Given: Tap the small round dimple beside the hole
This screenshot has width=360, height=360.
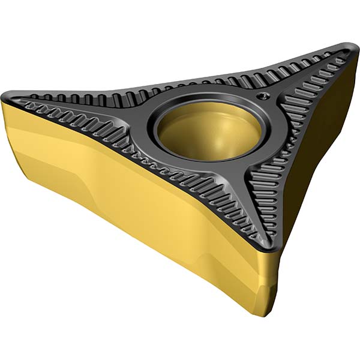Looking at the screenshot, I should click(260, 96).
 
